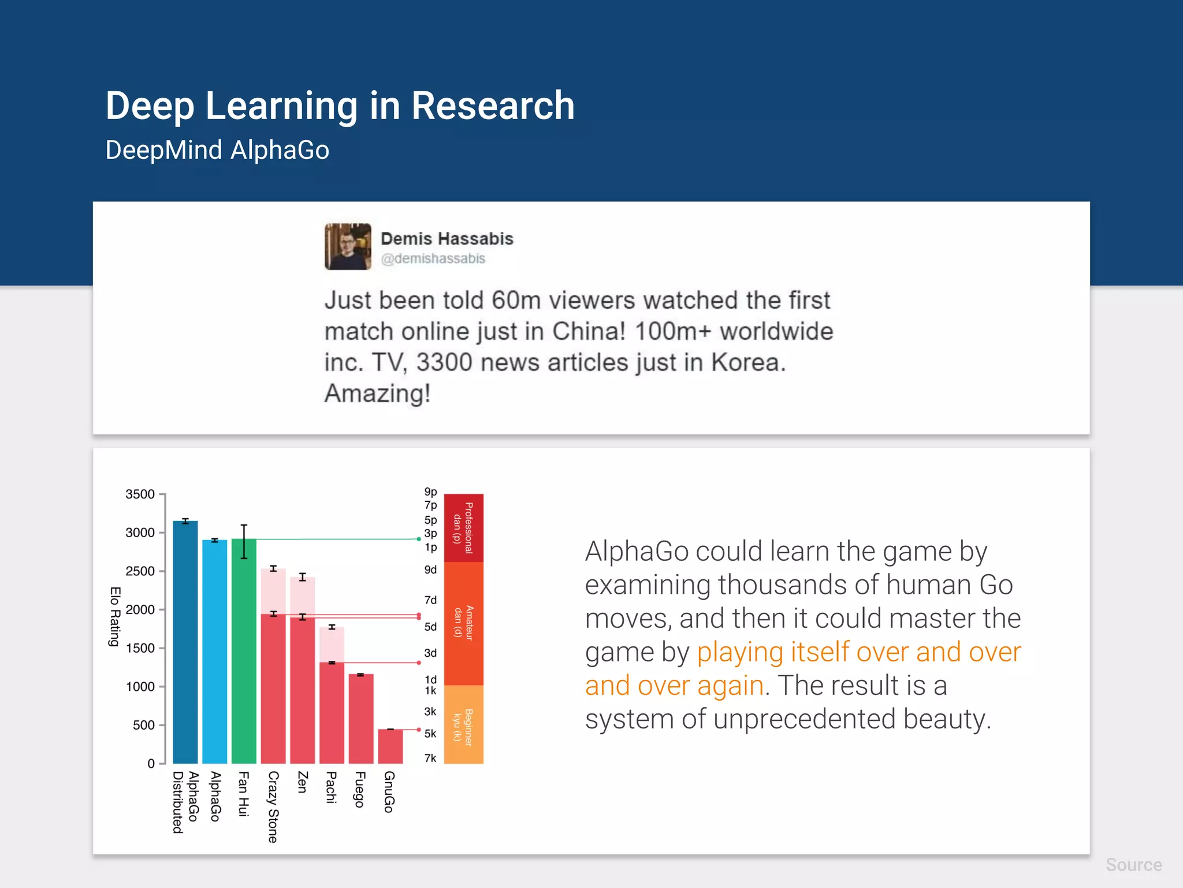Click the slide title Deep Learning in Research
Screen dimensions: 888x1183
[x=340, y=106]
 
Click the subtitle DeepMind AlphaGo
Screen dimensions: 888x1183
[x=217, y=150]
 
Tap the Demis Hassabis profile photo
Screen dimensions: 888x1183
[x=347, y=247]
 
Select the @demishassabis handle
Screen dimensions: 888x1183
[x=433, y=259]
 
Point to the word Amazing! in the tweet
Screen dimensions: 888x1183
[x=377, y=394]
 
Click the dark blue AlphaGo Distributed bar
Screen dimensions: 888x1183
[x=185, y=642]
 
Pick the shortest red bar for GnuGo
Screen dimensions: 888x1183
[x=390, y=746]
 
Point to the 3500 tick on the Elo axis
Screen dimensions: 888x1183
[x=140, y=494]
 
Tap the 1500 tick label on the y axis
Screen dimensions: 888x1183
[x=140, y=648]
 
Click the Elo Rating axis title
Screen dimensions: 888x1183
[x=115, y=616]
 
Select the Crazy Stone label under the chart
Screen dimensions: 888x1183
[x=273, y=806]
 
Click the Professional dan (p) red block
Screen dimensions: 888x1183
[x=463, y=528]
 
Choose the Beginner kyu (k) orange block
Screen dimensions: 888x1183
[x=463, y=724]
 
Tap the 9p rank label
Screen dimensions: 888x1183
[x=430, y=491]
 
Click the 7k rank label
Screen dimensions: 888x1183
[x=430, y=758]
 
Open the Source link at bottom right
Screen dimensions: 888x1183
[x=1133, y=865]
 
